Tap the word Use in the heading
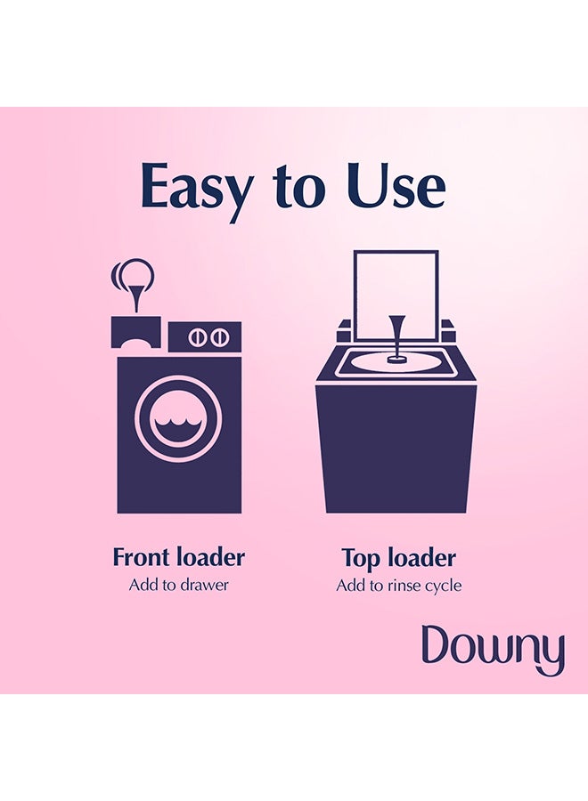pos(396,187)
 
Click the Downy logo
pos(493,650)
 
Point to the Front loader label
pos(178,558)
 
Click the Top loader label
pos(398,558)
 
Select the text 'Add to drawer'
pos(178,585)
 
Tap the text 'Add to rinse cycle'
pos(398,585)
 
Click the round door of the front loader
pos(179,418)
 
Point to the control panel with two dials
pos(205,337)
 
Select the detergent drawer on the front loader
pos(135,333)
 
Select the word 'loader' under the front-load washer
pos(210,558)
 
